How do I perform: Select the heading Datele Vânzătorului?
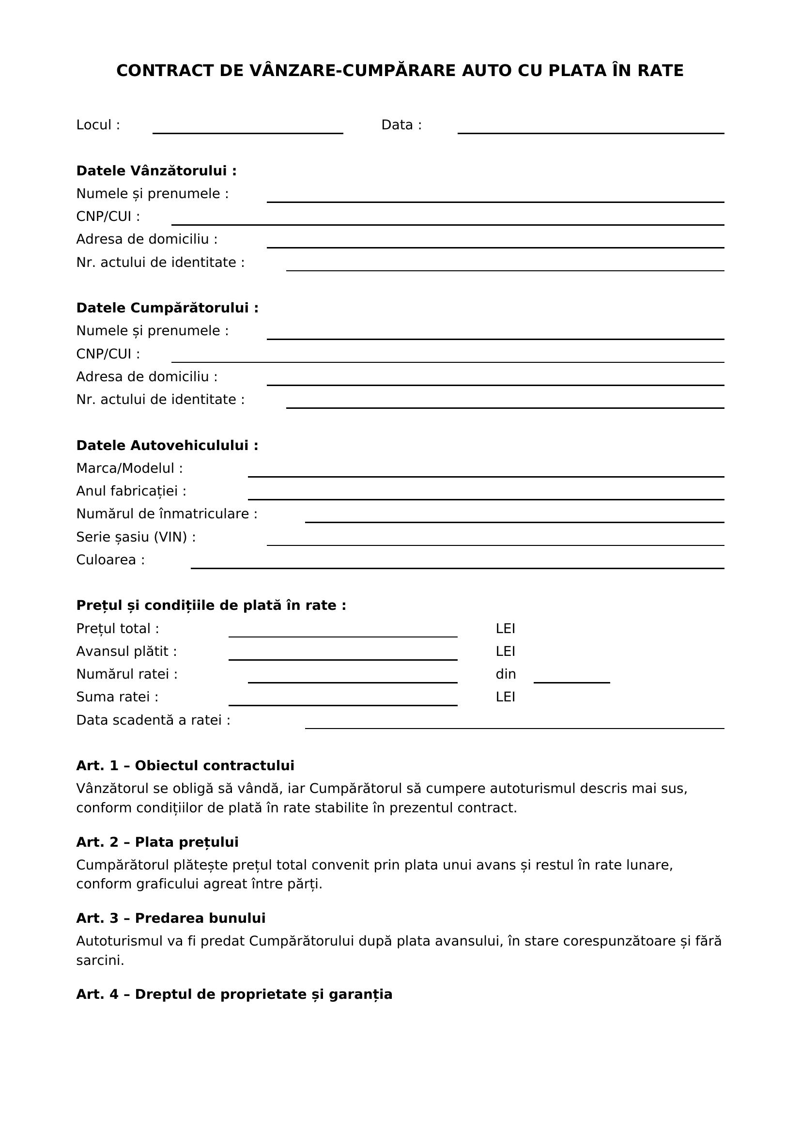(x=156, y=171)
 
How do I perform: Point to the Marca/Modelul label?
(x=129, y=468)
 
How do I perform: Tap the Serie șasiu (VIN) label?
(x=136, y=537)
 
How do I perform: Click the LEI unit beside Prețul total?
(x=505, y=629)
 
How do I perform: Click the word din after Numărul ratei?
(x=506, y=674)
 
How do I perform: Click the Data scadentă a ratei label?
(x=153, y=720)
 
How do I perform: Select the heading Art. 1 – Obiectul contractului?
(x=185, y=765)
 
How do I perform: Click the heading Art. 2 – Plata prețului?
(x=157, y=842)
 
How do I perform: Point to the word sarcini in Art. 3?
(x=100, y=960)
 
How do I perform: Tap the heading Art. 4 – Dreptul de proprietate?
(x=234, y=994)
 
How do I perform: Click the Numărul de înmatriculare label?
(x=167, y=513)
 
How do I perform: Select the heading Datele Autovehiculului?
(x=167, y=445)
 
